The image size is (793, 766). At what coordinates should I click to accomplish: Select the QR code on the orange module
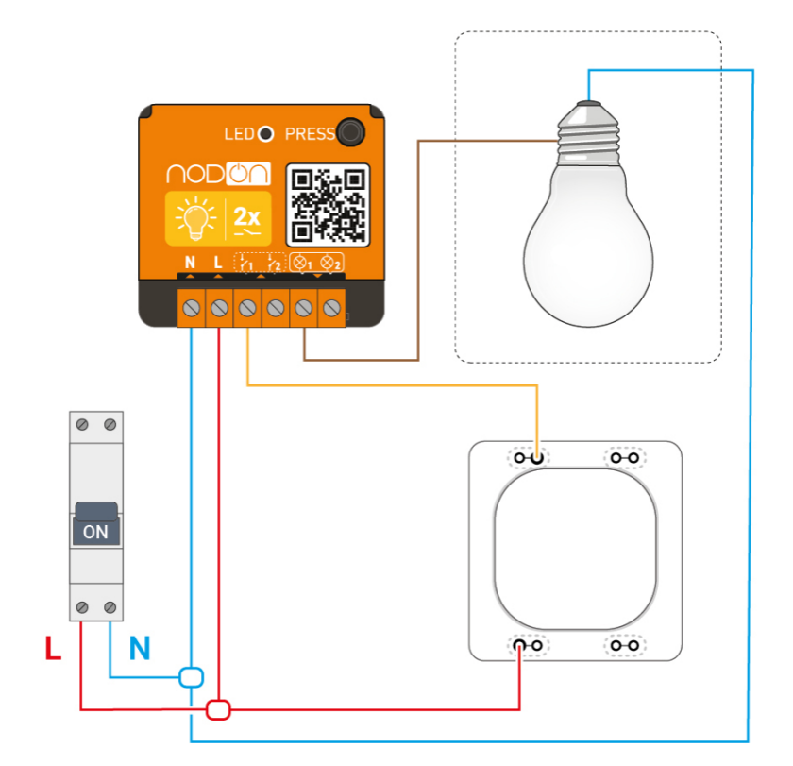(327, 204)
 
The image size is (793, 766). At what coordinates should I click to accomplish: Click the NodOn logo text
(218, 174)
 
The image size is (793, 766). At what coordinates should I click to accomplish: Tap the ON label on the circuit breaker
(95, 531)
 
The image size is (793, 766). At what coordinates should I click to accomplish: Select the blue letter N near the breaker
(139, 649)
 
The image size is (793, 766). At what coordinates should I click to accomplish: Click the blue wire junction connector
(192, 676)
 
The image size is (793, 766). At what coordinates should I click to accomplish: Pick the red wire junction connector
(219, 708)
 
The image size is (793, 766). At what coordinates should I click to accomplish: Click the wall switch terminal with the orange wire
(537, 458)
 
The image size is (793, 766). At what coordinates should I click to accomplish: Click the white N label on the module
(190, 262)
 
